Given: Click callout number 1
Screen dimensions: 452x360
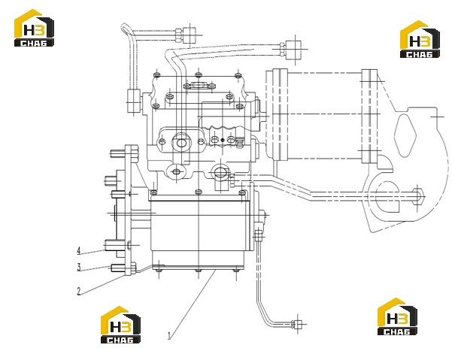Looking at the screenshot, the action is tap(169, 335).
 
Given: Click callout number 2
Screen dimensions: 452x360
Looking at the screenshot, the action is tap(79, 291).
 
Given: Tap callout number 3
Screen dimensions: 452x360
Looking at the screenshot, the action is tap(79, 267).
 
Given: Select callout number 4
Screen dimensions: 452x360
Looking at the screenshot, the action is tap(79, 250).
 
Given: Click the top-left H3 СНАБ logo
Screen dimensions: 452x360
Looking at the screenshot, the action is tap(34, 28).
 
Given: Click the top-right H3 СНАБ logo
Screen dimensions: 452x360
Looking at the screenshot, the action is tap(420, 39).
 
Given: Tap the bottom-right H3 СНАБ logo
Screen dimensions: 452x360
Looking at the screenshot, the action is tap(397, 316).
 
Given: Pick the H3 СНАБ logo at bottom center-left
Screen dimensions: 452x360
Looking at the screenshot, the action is tap(120, 325).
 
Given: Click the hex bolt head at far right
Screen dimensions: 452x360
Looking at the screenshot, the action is tap(418, 196).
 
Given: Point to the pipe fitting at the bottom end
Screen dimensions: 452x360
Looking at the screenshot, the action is tap(297, 324).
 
